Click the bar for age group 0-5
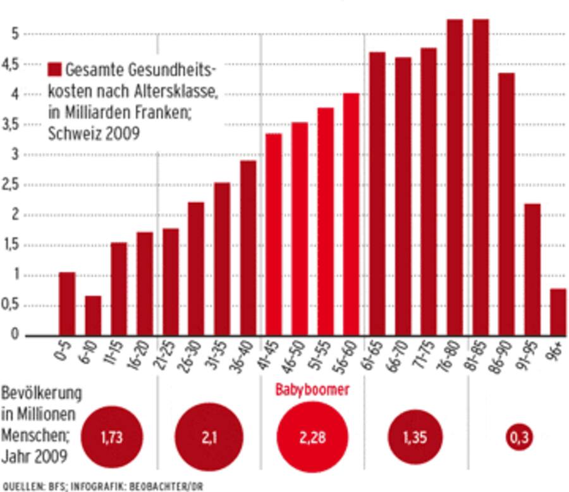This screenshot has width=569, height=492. [67, 304]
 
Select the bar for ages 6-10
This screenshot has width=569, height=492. [93, 315]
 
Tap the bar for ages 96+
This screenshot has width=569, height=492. [558, 312]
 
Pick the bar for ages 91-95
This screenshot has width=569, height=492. [532, 269]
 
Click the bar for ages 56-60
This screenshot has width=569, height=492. [351, 214]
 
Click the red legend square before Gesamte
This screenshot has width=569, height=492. [54, 69]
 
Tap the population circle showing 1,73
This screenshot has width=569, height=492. [111, 437]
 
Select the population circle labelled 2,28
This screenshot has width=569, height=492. [312, 437]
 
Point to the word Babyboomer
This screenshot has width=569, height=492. [312, 390]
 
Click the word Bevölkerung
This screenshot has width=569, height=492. [42, 393]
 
